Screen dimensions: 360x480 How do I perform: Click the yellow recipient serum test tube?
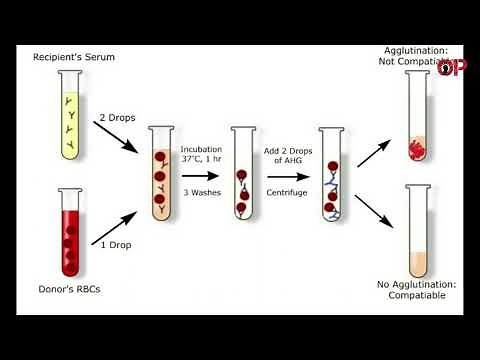pos(71,115)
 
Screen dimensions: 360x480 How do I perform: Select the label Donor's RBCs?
pos(71,289)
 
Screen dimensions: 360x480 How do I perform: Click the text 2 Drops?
pos(118,117)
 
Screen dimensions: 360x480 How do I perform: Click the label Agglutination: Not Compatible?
pos(417,57)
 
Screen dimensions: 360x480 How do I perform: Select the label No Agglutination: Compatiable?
pos(417,290)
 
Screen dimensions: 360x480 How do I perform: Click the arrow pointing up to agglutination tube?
pos(374,152)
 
